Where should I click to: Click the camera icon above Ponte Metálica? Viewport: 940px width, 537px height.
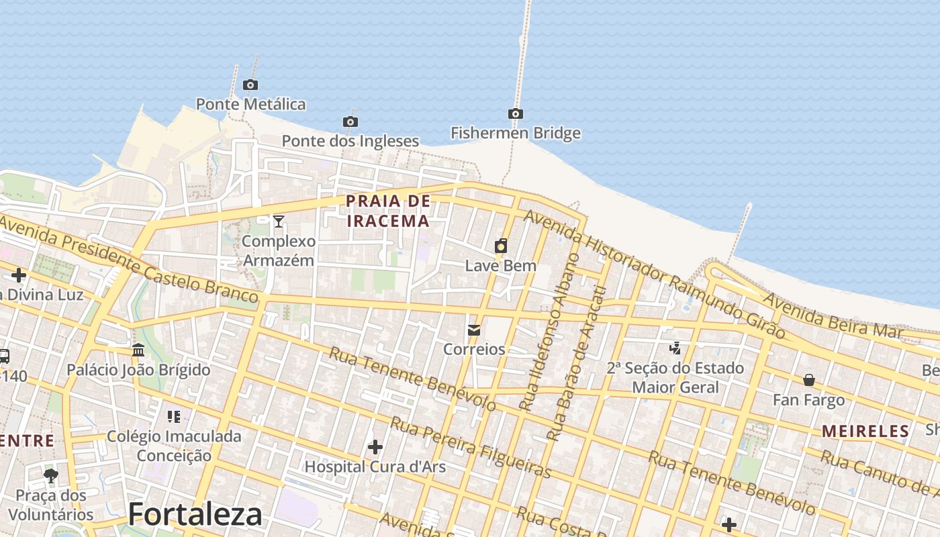pos(250,85)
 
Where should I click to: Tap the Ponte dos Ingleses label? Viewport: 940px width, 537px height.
pos(350,141)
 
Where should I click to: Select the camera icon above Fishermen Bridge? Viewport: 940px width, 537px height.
pos(515,113)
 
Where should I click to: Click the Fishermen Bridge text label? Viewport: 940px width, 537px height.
pos(515,133)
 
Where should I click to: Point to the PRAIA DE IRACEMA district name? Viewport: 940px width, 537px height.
pos(387,211)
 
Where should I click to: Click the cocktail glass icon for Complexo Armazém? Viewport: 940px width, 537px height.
pos(279,221)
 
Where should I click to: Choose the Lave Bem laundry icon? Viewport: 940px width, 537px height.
pos(501,246)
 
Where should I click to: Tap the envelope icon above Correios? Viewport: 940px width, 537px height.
pos(474,330)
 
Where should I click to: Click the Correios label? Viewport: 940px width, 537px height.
pos(474,349)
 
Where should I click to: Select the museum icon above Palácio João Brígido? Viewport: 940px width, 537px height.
pos(138,350)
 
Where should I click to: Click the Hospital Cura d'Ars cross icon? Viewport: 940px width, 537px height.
pos(375,446)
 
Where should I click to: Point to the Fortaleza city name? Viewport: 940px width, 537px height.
pos(195,514)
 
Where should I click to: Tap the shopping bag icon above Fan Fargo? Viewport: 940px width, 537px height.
pos(809,380)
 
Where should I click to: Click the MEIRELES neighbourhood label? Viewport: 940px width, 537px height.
pos(865,431)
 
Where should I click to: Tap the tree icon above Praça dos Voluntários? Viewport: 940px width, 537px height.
pos(50,476)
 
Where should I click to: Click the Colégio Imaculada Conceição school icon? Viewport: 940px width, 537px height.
pos(174,417)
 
